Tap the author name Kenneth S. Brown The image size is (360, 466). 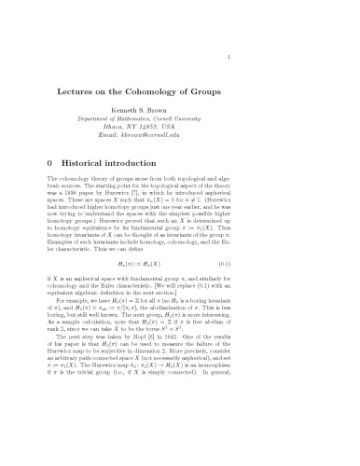179,103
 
